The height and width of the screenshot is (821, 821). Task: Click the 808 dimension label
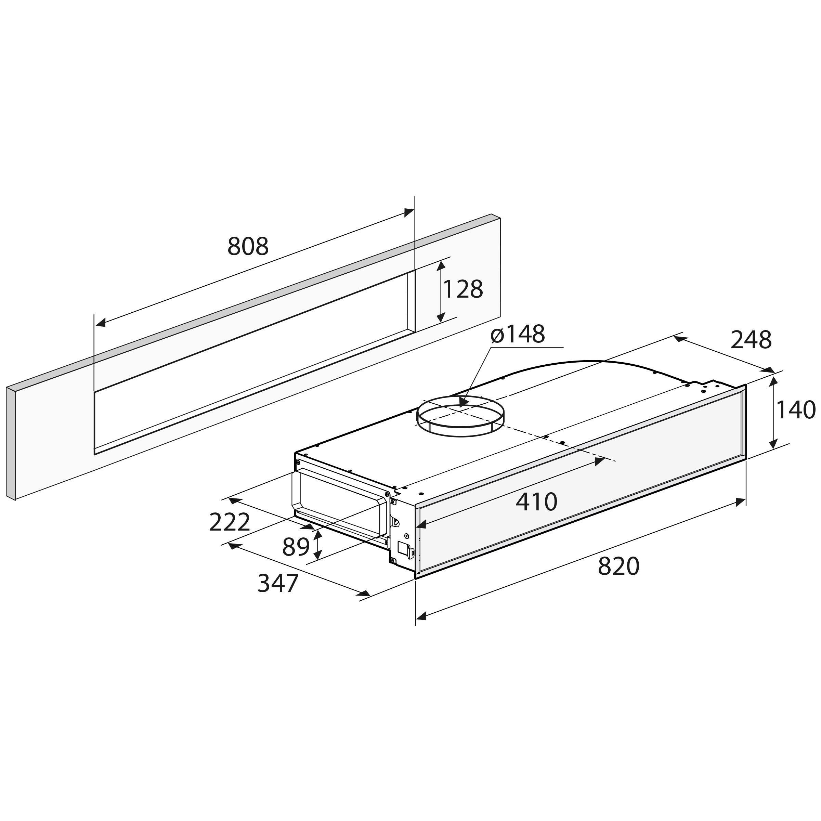coord(248,246)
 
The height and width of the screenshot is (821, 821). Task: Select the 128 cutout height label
coord(463,289)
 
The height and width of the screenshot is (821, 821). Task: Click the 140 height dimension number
coord(795,410)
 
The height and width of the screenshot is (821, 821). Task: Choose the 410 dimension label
coord(536,502)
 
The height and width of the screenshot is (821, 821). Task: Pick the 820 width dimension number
coord(618,566)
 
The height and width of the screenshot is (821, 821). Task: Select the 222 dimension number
coord(230,522)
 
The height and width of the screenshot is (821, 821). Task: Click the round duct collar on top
coord(460,419)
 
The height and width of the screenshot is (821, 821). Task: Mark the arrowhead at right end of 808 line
coord(409,212)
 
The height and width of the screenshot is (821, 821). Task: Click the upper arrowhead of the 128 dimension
coord(441,266)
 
